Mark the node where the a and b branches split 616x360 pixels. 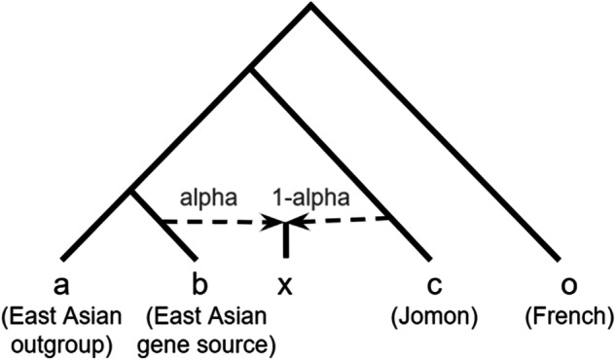(134, 192)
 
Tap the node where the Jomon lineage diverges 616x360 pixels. (252, 68)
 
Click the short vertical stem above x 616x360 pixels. (285, 241)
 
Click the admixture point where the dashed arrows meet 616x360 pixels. (285, 223)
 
